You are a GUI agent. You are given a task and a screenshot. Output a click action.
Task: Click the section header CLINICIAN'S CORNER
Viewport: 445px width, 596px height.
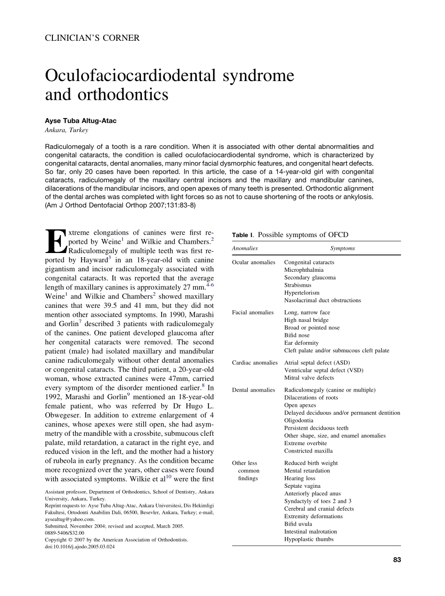(x=92, y=38)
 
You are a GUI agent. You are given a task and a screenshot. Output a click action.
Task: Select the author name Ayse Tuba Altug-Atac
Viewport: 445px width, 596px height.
(x=81, y=121)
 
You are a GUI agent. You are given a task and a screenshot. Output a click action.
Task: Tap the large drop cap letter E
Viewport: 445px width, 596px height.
(x=55, y=242)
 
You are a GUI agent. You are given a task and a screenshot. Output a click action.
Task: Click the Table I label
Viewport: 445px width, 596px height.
(x=243, y=235)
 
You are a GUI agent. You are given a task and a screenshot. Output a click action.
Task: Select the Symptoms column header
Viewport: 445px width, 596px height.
(x=342, y=248)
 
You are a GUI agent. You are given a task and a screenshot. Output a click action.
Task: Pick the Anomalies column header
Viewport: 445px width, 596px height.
(x=245, y=248)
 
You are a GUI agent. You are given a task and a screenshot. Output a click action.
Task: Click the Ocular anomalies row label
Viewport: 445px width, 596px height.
(x=253, y=262)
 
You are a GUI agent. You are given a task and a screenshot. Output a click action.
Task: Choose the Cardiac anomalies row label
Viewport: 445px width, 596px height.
(x=255, y=363)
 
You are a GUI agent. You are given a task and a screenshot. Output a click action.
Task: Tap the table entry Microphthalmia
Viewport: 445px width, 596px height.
(x=304, y=270)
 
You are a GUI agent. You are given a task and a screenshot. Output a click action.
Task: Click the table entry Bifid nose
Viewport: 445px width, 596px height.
(x=297, y=335)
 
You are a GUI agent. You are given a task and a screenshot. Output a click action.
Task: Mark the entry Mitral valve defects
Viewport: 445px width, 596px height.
(x=309, y=378)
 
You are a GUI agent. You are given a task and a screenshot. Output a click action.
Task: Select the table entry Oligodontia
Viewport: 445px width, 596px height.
(x=299, y=420)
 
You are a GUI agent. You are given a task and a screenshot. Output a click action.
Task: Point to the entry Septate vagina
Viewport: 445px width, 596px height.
(x=302, y=486)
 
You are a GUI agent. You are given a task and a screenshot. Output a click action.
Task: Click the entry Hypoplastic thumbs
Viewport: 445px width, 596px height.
(x=309, y=539)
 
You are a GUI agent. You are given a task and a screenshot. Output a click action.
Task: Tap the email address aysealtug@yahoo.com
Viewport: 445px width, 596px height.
(x=70, y=519)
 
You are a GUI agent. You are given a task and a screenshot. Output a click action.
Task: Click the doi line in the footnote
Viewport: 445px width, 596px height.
(x=80, y=546)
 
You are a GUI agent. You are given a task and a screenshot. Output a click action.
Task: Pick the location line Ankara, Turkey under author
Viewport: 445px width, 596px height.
(x=67, y=130)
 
